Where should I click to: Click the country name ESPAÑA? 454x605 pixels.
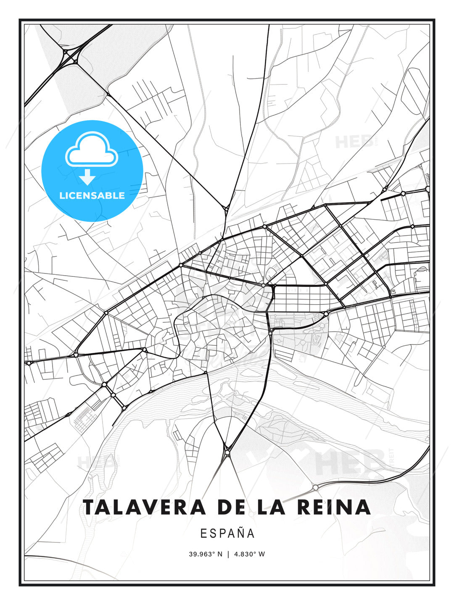[227, 533]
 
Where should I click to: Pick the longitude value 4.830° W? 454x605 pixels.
[250, 554]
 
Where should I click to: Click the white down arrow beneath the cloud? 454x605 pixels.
[87, 177]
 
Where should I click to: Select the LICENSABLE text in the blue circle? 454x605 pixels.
[92, 195]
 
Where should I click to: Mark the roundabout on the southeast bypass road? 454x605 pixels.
[315, 487]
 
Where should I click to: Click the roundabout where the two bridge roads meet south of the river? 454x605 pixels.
[227, 452]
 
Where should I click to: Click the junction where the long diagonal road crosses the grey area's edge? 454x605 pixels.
[107, 93]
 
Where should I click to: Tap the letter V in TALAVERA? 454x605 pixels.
[155, 507]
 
